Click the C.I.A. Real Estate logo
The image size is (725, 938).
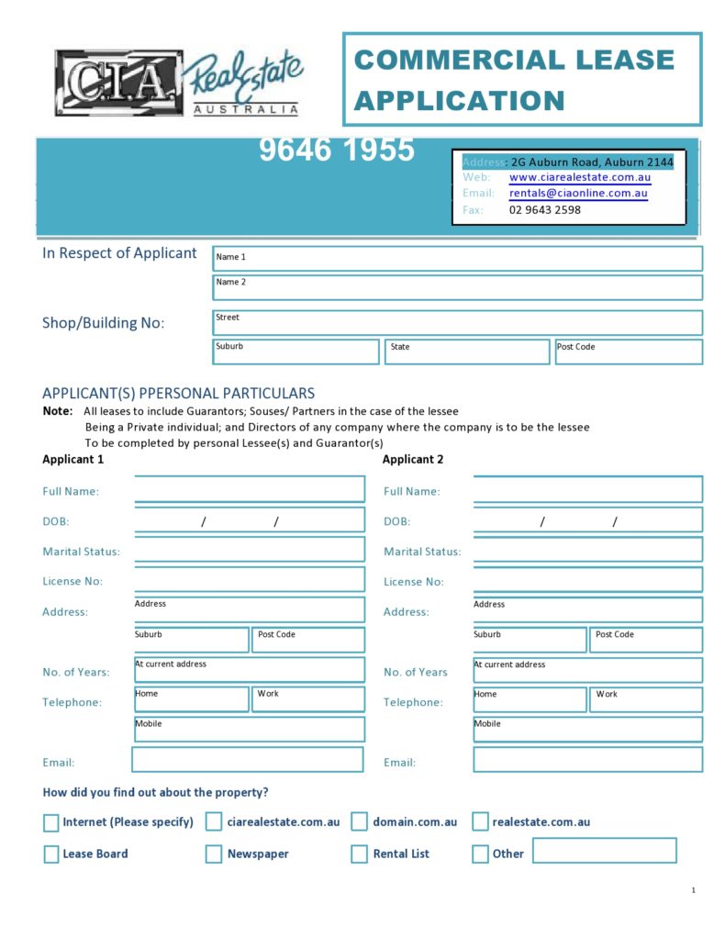tap(179, 83)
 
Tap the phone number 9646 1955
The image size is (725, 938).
tap(336, 150)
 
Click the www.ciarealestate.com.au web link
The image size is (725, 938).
tap(579, 177)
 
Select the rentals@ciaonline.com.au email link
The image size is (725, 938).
tap(578, 194)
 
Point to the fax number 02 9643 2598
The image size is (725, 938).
tap(544, 210)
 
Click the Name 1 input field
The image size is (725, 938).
tap(457, 258)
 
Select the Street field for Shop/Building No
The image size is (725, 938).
tap(457, 322)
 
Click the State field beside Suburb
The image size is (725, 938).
tap(467, 352)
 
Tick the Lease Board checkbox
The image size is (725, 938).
tap(51, 854)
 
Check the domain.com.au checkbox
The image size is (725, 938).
tap(359, 821)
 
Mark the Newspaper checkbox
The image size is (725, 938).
tap(214, 854)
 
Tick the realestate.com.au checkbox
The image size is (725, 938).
tap(480, 821)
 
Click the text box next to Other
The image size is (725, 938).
tap(604, 851)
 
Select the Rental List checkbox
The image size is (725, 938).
tap(359, 854)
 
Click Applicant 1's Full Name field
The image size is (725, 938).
tap(249, 490)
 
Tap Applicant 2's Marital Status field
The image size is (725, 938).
tap(587, 550)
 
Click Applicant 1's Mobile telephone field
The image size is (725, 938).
tap(249, 730)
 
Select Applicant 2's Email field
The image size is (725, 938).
tap(587, 760)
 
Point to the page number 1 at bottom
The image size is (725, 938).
tap(693, 890)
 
